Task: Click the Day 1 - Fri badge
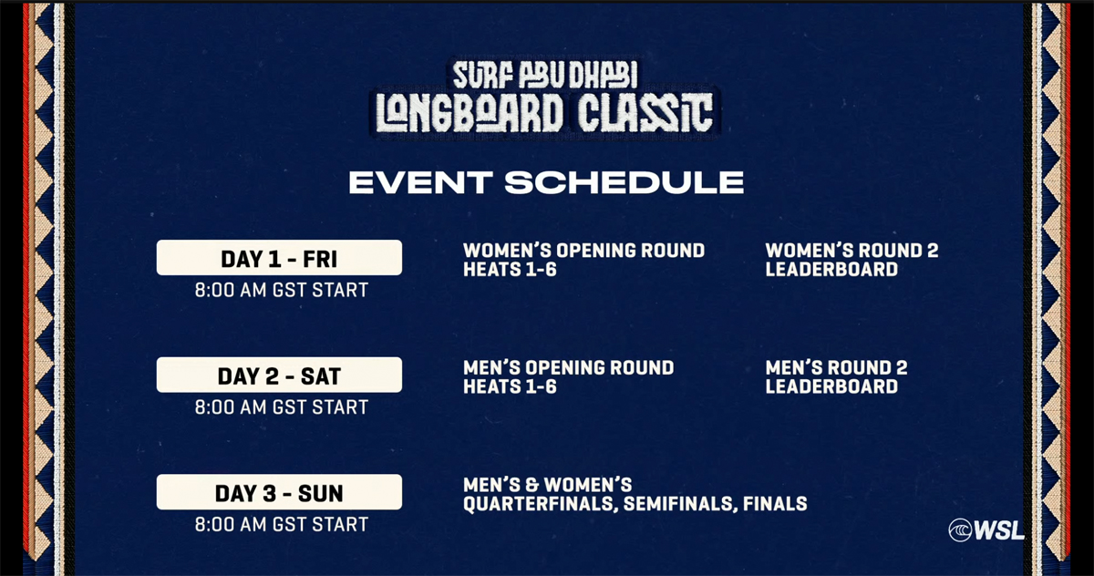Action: click(279, 257)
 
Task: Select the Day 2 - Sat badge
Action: click(279, 375)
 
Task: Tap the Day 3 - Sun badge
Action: click(279, 492)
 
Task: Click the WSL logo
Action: click(986, 530)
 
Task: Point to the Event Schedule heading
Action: click(546, 182)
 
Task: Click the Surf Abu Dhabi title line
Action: click(545, 75)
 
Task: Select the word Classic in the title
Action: click(645, 113)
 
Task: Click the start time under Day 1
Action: click(282, 290)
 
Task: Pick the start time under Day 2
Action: click(282, 407)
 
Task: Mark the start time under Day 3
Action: click(282, 524)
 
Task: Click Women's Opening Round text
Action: click(584, 251)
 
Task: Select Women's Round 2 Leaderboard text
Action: click(851, 260)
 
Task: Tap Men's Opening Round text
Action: click(569, 367)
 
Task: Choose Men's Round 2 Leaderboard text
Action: click(836, 376)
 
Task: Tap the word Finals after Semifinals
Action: click(775, 504)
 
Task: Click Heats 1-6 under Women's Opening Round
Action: click(510, 270)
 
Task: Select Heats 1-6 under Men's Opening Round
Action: click(510, 386)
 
